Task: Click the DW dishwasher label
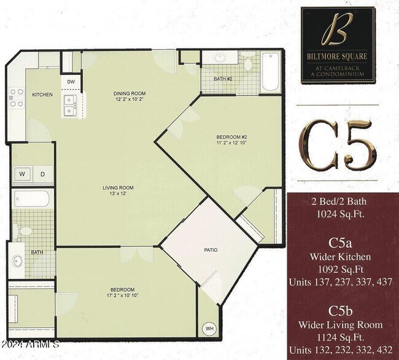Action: (x=71, y=82)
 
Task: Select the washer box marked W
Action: (x=22, y=174)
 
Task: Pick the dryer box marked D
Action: (x=42, y=174)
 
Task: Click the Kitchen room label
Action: (x=42, y=95)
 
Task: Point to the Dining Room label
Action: (x=130, y=94)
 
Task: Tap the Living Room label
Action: (x=118, y=187)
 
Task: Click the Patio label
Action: (x=211, y=250)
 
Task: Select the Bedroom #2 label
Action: (x=231, y=136)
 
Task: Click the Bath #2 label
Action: (x=222, y=79)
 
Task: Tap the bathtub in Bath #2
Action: (x=270, y=72)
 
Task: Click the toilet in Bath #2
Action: (x=248, y=63)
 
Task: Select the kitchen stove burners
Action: (x=16, y=99)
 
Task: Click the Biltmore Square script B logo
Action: (x=337, y=30)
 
